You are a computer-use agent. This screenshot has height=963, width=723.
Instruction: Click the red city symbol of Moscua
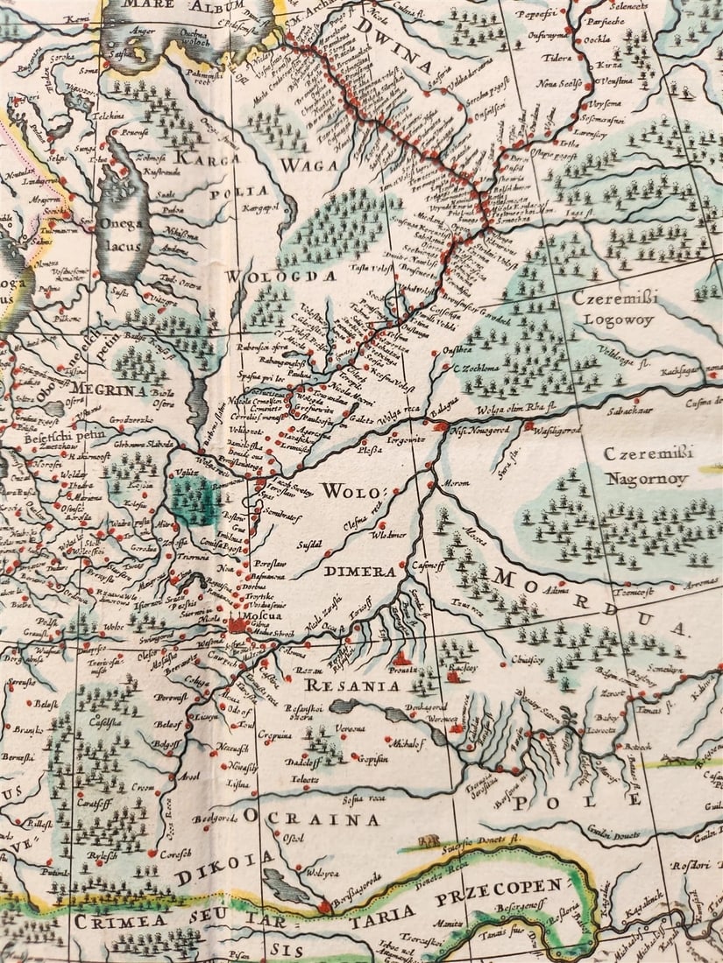237,625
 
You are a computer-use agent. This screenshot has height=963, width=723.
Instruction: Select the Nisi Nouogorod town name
480,431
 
